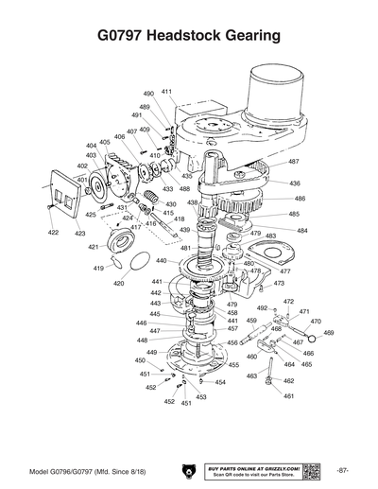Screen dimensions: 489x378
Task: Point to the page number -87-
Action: click(341, 470)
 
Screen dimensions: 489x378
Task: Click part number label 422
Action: click(53, 233)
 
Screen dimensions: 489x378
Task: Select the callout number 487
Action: click(294, 162)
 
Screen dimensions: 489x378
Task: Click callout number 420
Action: click(118, 283)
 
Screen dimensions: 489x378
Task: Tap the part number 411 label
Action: click(166, 92)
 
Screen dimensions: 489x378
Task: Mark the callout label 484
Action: click(301, 230)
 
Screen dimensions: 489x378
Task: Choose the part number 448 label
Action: click(141, 340)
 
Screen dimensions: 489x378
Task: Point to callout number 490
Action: click(148, 95)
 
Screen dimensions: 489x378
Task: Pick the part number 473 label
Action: click(279, 283)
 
